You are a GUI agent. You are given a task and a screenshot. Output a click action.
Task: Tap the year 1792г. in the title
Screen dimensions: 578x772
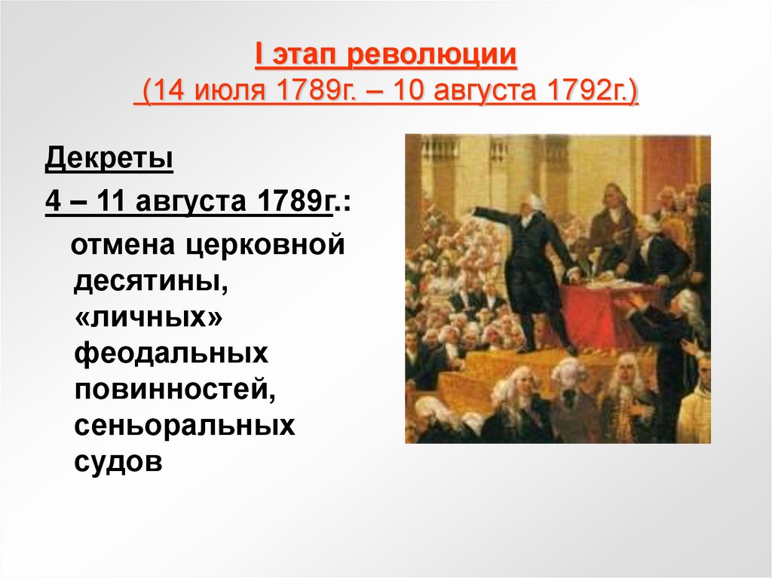[593, 96]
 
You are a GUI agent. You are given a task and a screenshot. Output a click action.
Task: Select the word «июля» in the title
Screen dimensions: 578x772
[232, 96]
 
